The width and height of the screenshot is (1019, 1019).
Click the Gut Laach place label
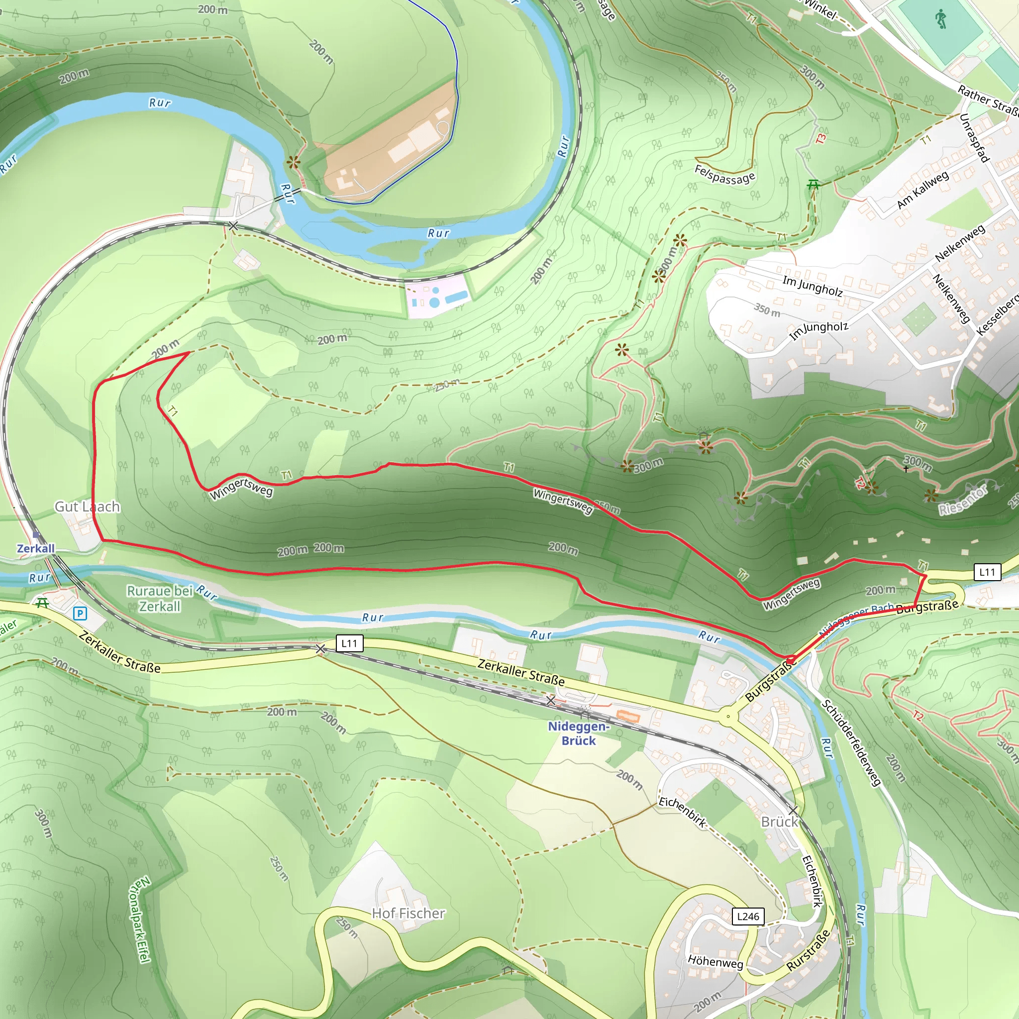point(88,507)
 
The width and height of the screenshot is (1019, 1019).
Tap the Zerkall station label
point(36,548)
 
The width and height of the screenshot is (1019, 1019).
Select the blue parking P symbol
point(80,613)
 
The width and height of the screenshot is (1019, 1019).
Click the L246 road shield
point(748,916)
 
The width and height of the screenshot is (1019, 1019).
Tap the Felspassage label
point(724,175)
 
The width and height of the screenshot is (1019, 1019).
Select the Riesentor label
point(963,501)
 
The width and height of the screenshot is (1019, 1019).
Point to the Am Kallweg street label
point(922,190)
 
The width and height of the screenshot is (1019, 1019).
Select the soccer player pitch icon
point(941,20)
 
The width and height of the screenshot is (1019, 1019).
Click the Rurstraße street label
point(809,950)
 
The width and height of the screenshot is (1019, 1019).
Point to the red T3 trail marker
point(821,139)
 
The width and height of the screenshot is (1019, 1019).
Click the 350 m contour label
point(767,309)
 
